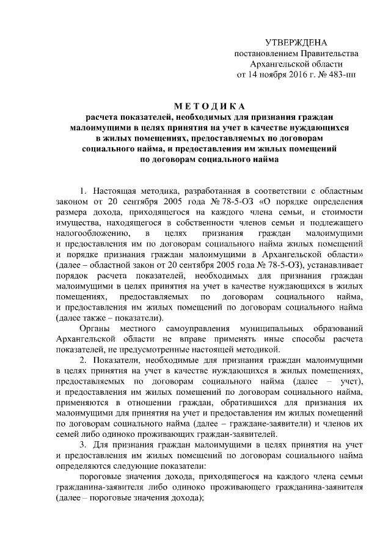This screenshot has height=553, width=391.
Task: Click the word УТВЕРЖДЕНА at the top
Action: pyautogui.click(x=296, y=43)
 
